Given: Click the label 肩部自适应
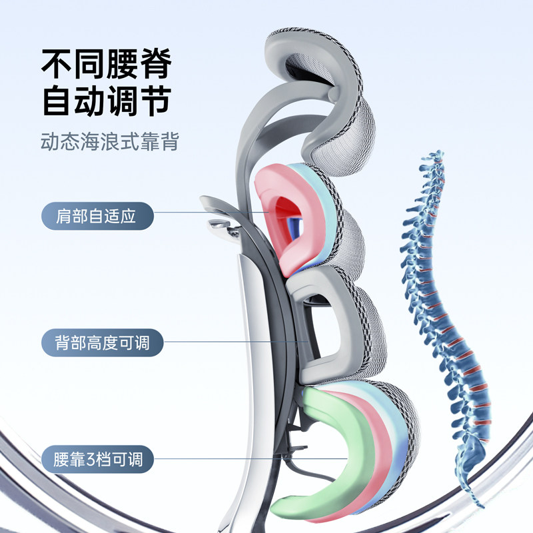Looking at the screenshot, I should click(97, 217).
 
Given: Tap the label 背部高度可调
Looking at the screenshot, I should click(102, 343).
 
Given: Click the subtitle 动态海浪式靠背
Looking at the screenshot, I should click(109, 141).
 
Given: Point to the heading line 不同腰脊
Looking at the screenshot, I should click(107, 65).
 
